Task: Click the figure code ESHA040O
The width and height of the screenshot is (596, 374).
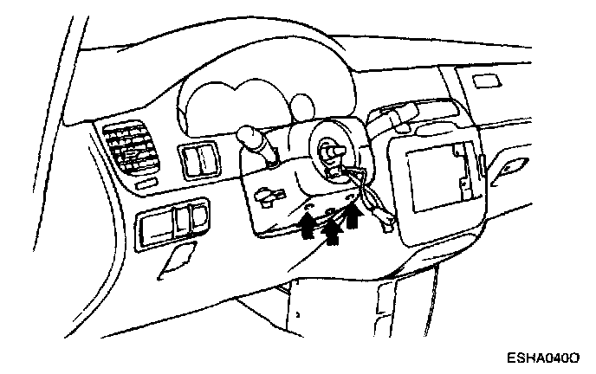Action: click(547, 356)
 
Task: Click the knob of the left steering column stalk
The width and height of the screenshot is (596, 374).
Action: click(249, 137)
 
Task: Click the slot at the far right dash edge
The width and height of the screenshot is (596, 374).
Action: click(512, 164)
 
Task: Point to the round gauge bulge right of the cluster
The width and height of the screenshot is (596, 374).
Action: click(301, 107)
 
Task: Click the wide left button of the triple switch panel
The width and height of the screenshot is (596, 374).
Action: click(157, 226)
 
